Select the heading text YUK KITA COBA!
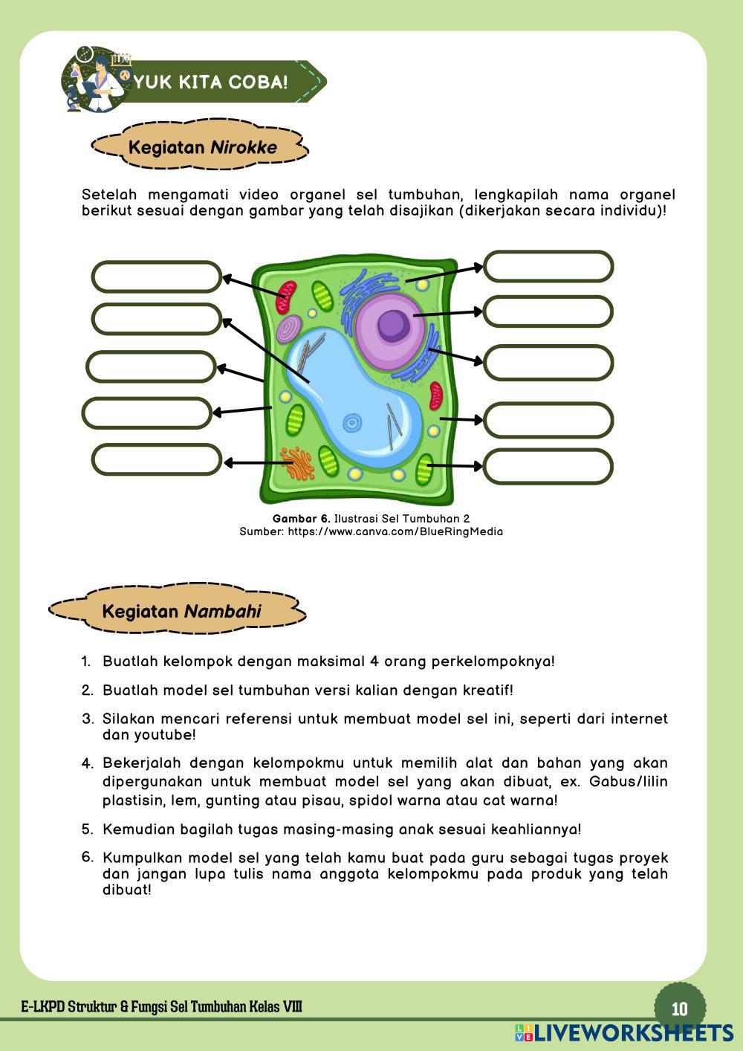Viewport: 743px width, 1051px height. [x=210, y=82]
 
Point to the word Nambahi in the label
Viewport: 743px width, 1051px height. [x=223, y=612]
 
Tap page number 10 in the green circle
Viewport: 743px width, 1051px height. [x=679, y=1009]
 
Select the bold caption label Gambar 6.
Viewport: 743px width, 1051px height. [x=301, y=518]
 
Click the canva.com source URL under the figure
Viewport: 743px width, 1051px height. [x=395, y=531]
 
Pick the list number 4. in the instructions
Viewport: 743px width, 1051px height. [x=88, y=763]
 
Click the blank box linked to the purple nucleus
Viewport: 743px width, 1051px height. [x=548, y=311]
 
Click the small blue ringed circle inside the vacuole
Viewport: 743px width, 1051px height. [x=351, y=424]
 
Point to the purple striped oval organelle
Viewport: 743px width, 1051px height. [x=289, y=329]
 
